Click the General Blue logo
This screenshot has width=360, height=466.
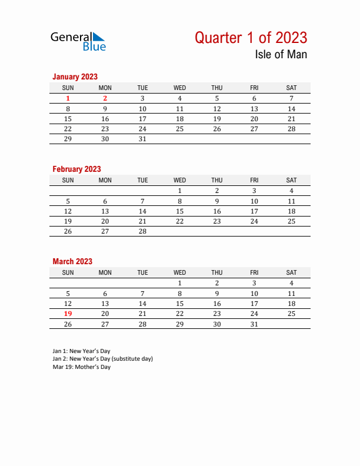point(78,41)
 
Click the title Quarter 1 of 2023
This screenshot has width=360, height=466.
point(251,38)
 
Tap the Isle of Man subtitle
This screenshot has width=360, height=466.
point(281,55)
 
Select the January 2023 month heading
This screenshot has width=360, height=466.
point(75,76)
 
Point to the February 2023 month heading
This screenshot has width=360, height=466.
point(76,169)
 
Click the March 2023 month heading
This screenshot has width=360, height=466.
point(72,261)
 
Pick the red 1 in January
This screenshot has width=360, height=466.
point(68,99)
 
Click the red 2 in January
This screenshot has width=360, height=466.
point(105,99)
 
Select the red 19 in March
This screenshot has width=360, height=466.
point(68,314)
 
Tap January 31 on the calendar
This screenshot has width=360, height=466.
point(142,139)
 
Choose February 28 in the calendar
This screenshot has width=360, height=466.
point(142,231)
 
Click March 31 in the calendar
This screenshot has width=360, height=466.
point(254,324)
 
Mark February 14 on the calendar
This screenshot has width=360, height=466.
point(142,211)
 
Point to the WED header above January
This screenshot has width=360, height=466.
point(179,88)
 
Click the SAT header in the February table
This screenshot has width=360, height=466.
point(291,180)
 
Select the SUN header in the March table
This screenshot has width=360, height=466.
point(68,272)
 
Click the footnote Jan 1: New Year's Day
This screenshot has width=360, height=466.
point(81,351)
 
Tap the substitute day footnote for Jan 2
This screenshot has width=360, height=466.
point(102,359)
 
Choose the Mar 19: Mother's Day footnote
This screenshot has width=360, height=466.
point(81,367)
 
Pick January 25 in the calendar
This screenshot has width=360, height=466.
point(179,129)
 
